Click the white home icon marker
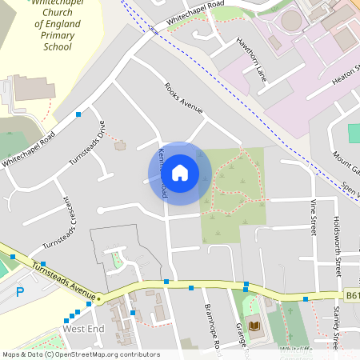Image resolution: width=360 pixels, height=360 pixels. (x=180, y=172)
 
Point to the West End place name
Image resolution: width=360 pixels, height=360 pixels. (x=83, y=329)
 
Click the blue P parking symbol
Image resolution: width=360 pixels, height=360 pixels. (x=21, y=291)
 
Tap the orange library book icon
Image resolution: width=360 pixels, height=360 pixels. (x=255, y=326)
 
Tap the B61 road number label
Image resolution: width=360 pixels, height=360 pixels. (x=352, y=296)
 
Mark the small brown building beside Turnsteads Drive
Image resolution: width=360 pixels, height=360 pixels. (x=121, y=145)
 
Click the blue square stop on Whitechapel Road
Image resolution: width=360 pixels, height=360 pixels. (x=78, y=115)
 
